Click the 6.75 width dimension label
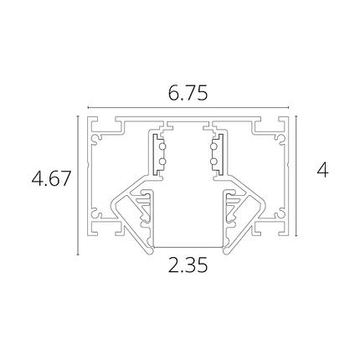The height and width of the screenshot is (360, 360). [x=188, y=93]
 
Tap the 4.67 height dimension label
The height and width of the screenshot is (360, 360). [x=51, y=178]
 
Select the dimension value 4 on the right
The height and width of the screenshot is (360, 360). [x=322, y=171]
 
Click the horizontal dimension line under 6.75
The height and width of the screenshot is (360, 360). [x=188, y=107]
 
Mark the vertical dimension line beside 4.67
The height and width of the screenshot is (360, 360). [x=78, y=185]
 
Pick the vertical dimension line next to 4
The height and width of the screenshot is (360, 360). [x=296, y=176]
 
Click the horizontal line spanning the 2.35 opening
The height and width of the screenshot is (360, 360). [x=188, y=247]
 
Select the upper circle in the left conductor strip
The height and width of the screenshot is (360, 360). [x=162, y=147]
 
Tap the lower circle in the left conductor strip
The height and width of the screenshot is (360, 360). [x=162, y=162]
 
